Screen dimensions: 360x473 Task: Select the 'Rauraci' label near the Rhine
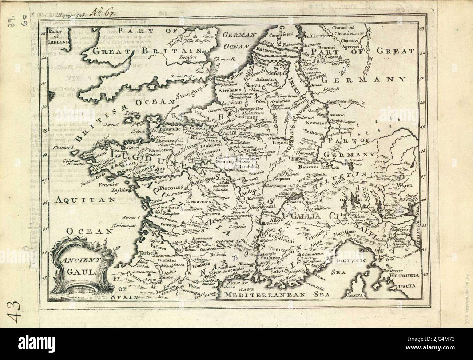(309, 167)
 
